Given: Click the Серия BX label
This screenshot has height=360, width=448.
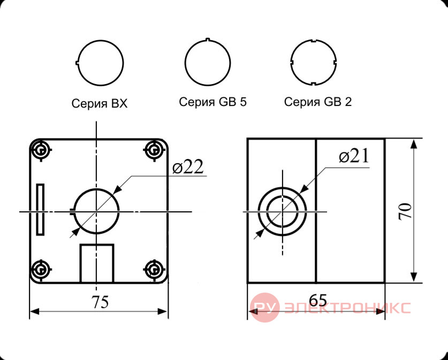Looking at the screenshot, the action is point(100,103).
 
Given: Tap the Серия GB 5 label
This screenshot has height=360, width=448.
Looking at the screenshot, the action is point(212,102).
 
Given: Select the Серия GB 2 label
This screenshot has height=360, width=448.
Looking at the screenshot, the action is point(318,102).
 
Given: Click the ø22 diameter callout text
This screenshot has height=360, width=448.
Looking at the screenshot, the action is point(188,167).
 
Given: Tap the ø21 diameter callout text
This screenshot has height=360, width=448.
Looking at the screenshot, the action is point(354,156).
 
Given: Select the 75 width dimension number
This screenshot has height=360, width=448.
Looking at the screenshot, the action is point(100,302).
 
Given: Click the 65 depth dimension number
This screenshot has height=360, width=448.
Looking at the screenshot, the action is point(318,300).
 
